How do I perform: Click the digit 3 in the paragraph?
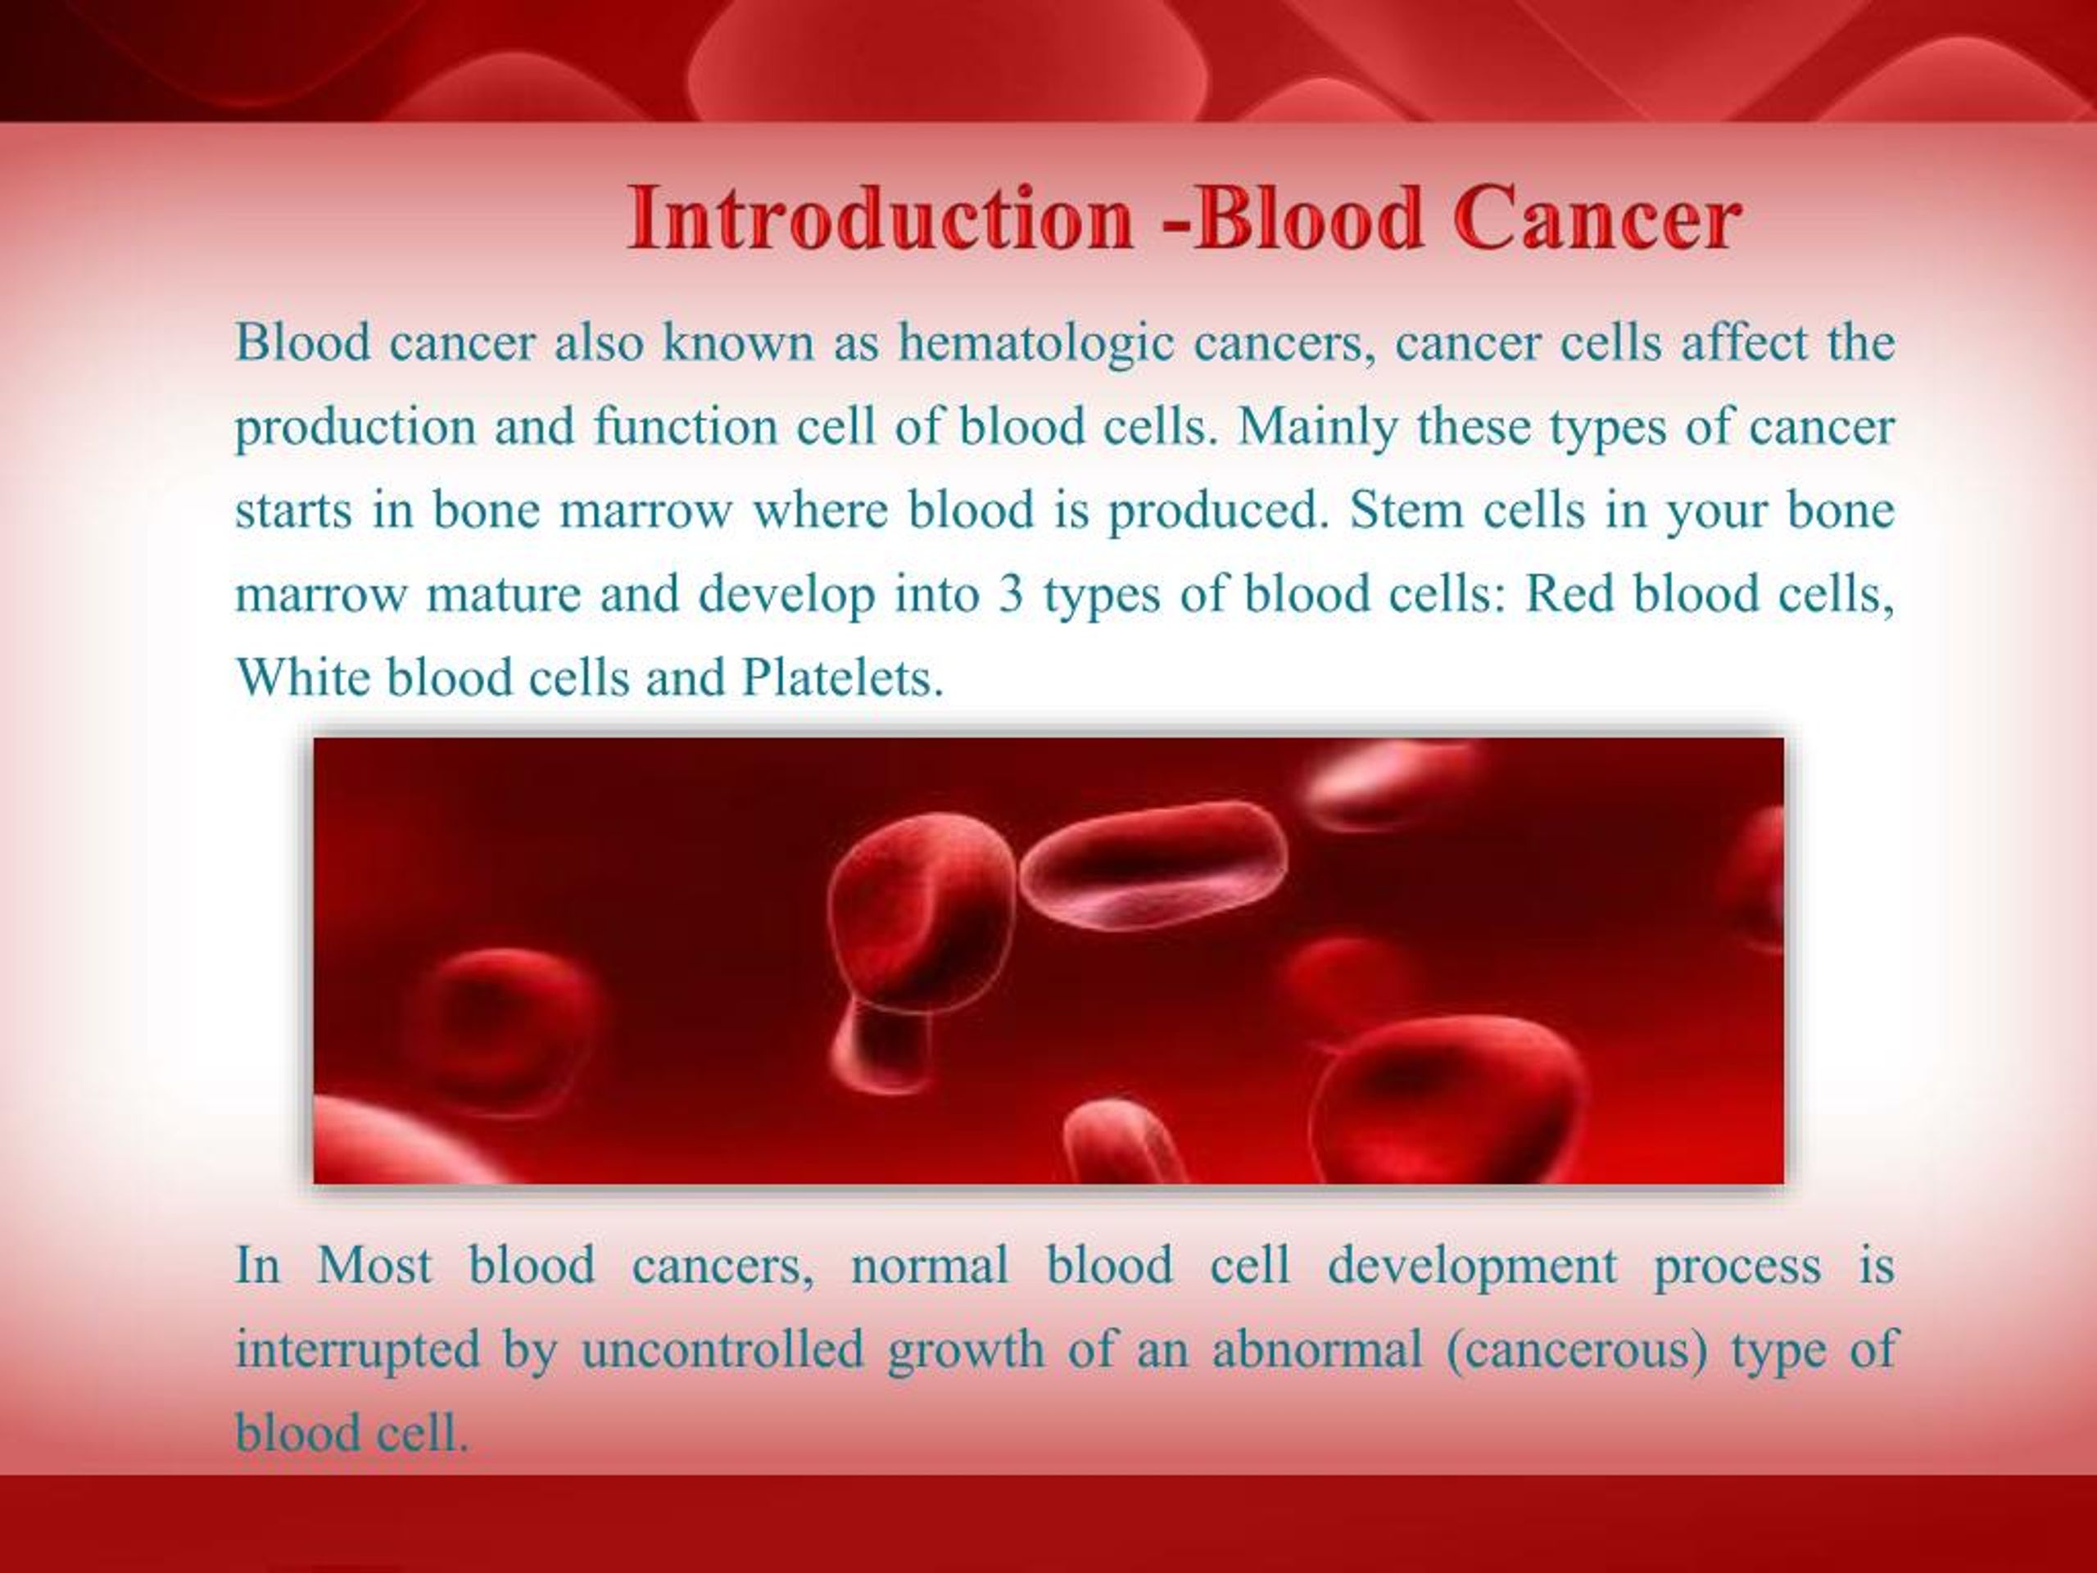click(1011, 595)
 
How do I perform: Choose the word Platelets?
click(843, 678)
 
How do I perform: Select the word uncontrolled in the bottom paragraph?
click(722, 1349)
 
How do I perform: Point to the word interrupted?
click(357, 1349)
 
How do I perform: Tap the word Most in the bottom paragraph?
click(374, 1266)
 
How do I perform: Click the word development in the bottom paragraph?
click(1471, 1266)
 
